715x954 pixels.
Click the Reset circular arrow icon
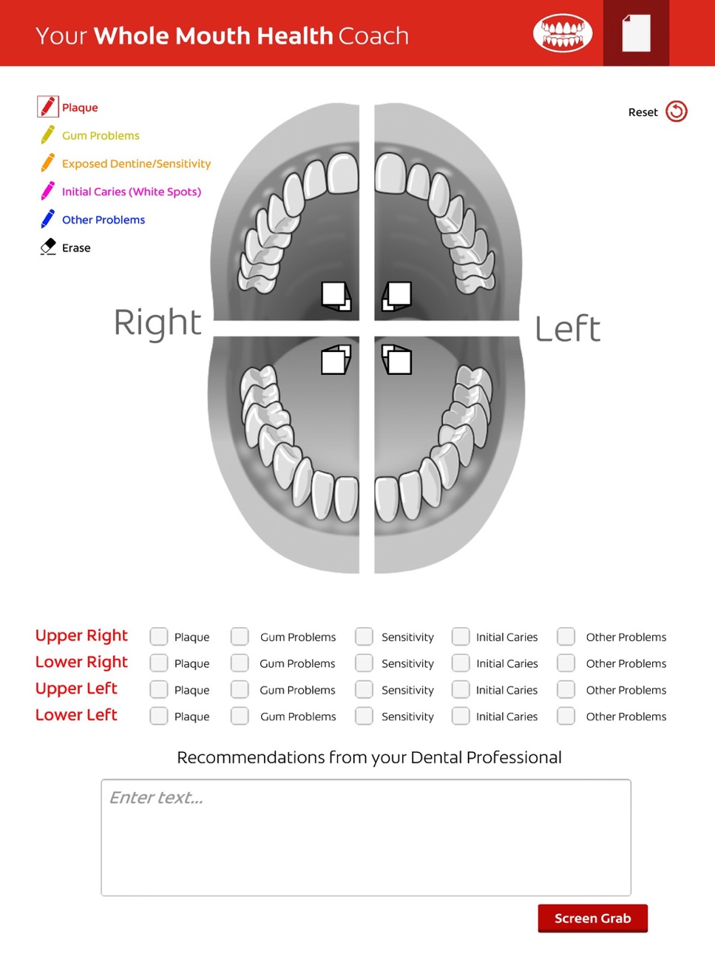[x=677, y=111]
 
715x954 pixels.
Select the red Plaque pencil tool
[x=48, y=107]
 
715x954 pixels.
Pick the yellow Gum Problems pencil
[x=48, y=135]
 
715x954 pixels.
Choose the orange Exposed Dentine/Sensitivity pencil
[x=48, y=163]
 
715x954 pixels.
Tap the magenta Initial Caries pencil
[x=48, y=191]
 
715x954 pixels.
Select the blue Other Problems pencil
[x=48, y=219]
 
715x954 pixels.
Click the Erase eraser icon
[x=48, y=246]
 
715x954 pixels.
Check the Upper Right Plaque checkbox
[x=158, y=636]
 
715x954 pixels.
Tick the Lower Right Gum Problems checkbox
[x=240, y=663]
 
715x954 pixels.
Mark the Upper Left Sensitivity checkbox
[x=364, y=689]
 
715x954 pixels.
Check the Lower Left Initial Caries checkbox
[x=461, y=716]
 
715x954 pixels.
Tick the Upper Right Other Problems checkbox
[x=566, y=636]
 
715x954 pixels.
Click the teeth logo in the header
[x=563, y=33]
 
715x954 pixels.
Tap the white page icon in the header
[x=637, y=33]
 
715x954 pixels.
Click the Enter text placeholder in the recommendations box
[x=156, y=797]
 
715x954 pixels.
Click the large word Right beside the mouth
[x=157, y=322]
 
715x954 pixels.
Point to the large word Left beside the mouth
[x=568, y=328]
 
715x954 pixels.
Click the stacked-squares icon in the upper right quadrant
[x=336, y=296]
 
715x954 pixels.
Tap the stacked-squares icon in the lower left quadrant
[x=396, y=359]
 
